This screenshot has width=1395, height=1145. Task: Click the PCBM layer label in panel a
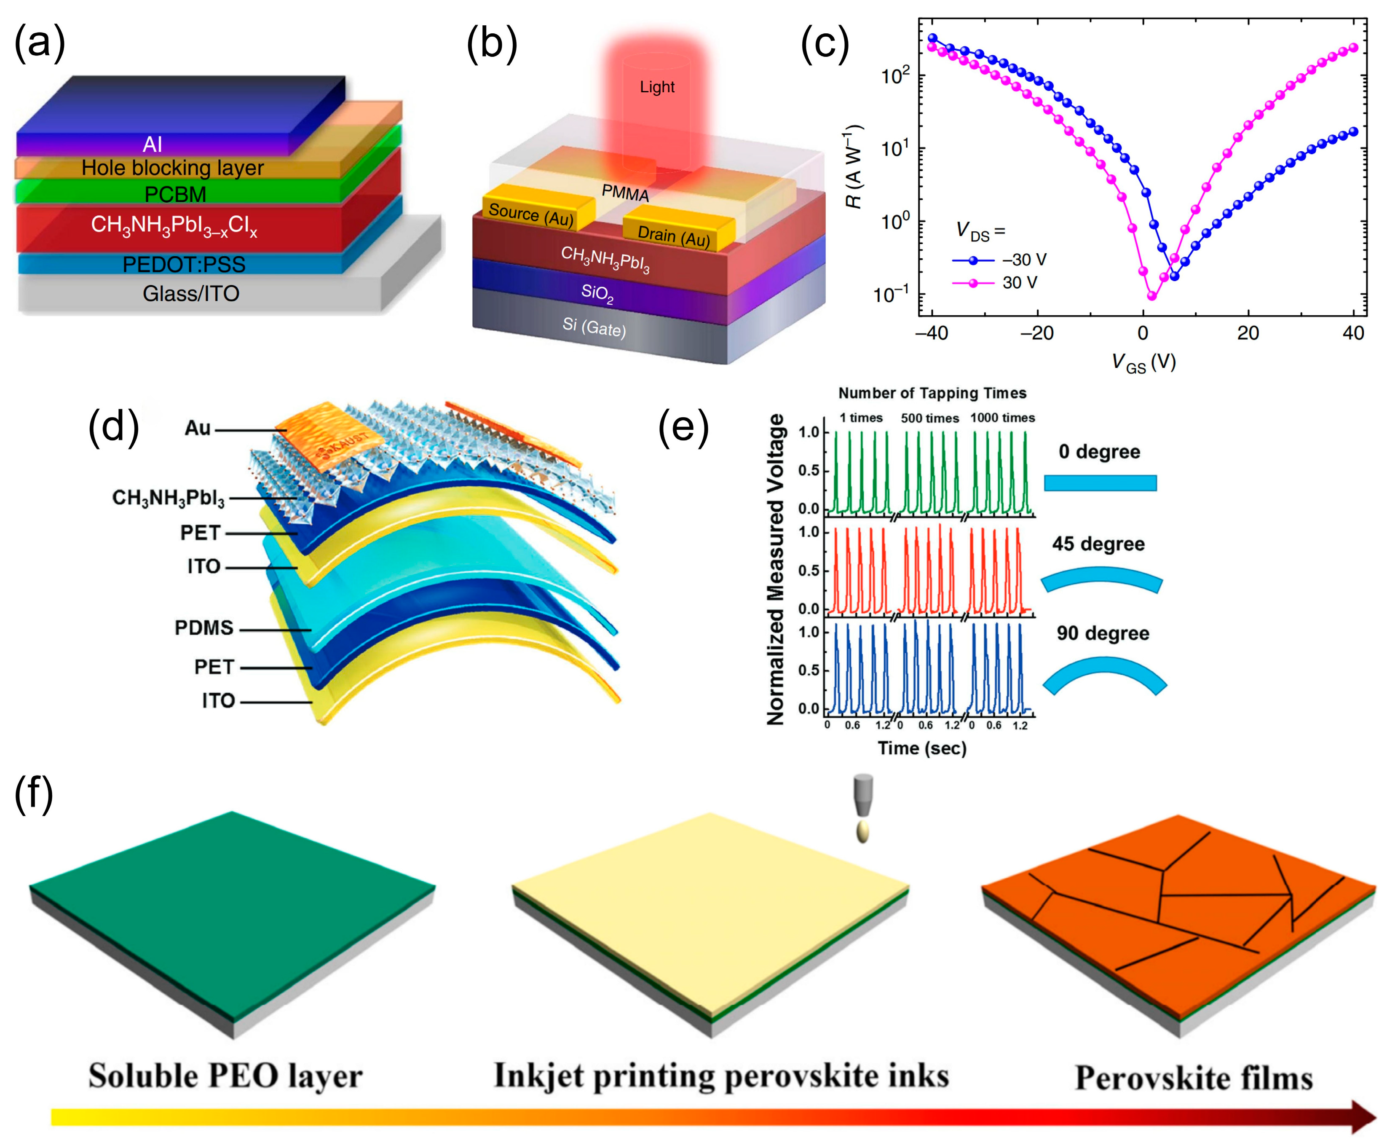coord(175,194)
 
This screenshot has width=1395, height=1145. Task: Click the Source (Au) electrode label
coord(531,215)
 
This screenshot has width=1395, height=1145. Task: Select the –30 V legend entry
coord(1024,260)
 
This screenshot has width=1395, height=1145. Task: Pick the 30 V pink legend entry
coord(1019,283)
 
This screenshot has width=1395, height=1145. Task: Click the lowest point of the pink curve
coord(1151,296)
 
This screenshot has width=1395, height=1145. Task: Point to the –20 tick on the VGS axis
coord(1037,333)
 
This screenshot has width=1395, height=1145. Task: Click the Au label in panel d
coord(197,428)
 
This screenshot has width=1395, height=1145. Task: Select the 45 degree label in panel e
coord(1098,544)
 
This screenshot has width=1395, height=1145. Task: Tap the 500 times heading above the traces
coord(929,418)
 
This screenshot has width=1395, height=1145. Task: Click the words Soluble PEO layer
coord(225,1076)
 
